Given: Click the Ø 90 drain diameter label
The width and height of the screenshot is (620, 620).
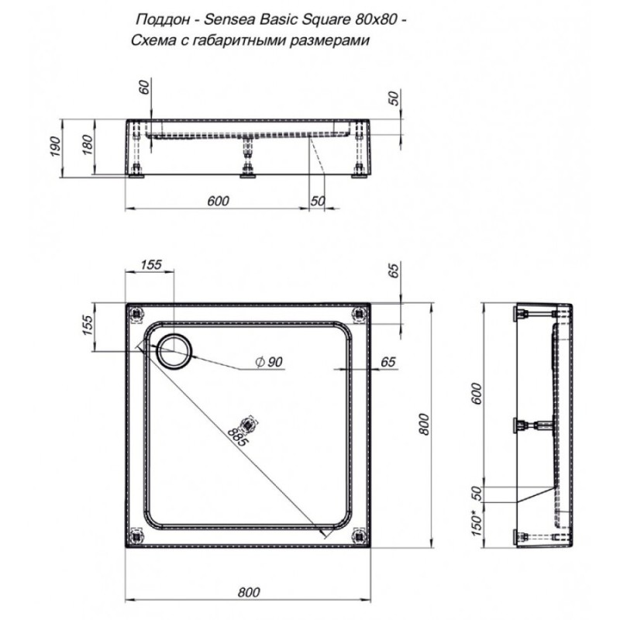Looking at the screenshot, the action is (269, 362).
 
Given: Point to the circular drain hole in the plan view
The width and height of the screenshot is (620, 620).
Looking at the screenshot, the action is (174, 351).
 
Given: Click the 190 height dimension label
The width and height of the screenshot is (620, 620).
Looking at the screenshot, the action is (55, 146).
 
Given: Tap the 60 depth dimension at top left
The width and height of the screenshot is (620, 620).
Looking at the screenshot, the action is (145, 87).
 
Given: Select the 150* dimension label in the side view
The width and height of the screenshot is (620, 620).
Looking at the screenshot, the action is (477, 523).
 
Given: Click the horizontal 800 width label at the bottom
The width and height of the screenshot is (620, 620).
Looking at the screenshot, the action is (249, 592).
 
